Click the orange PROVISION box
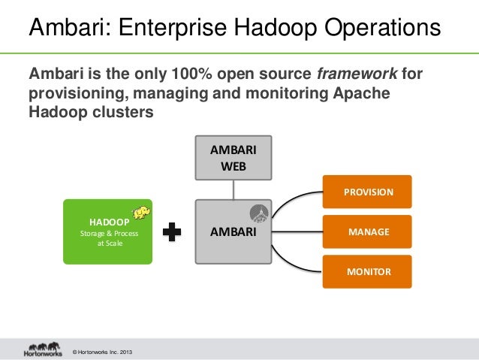tap(367, 192)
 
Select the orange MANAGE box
tap(367, 231)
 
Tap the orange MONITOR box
tap(367, 271)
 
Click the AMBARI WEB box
tap(233, 158)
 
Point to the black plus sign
tap(172, 232)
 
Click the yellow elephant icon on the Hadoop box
tap(140, 213)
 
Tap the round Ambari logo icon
tap(260, 213)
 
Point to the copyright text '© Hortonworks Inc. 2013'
tap(101, 352)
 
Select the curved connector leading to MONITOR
tap(293, 259)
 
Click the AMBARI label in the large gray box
tap(233, 232)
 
